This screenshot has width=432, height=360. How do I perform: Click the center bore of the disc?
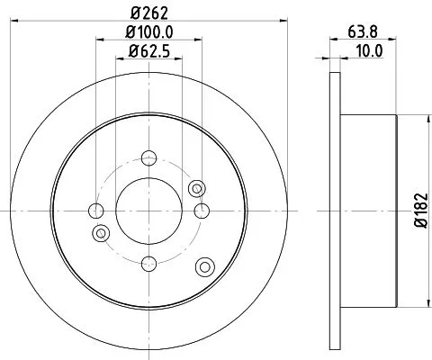tap(149, 211)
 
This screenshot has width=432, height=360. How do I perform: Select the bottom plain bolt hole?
tap(149, 263)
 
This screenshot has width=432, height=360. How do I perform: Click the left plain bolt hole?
tap(97, 211)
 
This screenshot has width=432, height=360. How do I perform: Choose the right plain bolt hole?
tap(201, 211)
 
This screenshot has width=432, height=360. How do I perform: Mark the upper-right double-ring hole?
tap(198, 187)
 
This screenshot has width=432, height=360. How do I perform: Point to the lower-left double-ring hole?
tap(101, 234)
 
